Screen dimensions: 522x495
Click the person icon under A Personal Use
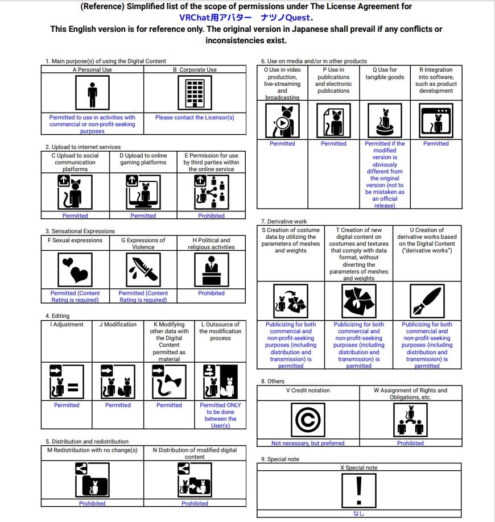click(92, 93)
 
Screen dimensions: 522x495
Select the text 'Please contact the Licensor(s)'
click(195, 118)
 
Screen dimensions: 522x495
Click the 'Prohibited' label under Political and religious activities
click(211, 293)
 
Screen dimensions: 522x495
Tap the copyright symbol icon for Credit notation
click(308, 420)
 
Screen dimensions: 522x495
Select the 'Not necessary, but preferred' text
click(308, 443)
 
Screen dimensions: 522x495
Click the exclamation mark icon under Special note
click(358, 490)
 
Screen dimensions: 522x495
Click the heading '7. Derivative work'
click(284, 221)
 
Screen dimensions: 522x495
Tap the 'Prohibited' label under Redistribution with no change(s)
click(92, 503)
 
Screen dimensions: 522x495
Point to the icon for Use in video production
click(282, 121)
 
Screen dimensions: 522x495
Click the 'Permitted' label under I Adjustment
click(67, 405)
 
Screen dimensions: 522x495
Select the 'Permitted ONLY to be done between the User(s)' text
click(220, 415)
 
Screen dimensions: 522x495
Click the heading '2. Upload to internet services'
click(83, 147)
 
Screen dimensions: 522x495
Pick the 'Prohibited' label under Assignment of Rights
click(410, 443)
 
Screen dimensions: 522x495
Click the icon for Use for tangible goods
click(385, 121)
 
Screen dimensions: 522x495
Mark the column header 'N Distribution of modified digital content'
click(195, 453)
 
